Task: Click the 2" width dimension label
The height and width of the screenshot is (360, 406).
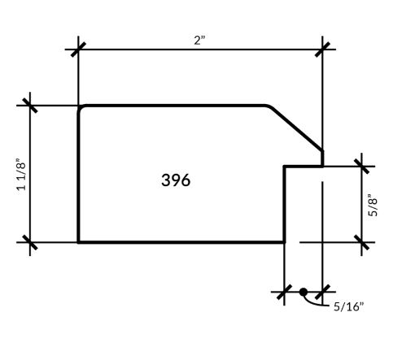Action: click(x=199, y=41)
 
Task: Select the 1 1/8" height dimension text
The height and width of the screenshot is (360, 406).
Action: click(x=22, y=174)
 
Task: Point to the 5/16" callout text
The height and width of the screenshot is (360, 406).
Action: click(x=348, y=306)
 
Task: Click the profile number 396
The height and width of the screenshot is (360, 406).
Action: click(x=176, y=180)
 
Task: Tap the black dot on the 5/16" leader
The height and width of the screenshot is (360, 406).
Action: click(x=303, y=292)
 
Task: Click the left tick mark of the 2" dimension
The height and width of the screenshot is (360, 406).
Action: click(x=78, y=50)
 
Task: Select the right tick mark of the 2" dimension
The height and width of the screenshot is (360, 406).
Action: click(x=322, y=50)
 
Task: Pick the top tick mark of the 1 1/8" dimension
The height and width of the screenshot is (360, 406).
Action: click(x=30, y=106)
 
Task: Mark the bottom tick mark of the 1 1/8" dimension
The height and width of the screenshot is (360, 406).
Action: click(x=30, y=242)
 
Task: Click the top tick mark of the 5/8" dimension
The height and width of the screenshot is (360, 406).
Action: click(x=362, y=167)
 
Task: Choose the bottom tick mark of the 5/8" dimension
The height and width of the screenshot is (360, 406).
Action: click(x=362, y=242)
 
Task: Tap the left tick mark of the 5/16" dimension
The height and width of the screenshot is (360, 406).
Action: click(x=284, y=292)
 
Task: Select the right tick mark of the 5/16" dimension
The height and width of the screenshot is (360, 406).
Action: click(x=322, y=292)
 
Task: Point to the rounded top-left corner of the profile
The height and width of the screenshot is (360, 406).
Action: click(x=81, y=107)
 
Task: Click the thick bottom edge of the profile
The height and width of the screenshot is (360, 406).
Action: click(x=181, y=242)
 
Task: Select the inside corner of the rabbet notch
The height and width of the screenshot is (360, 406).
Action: click(x=285, y=167)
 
